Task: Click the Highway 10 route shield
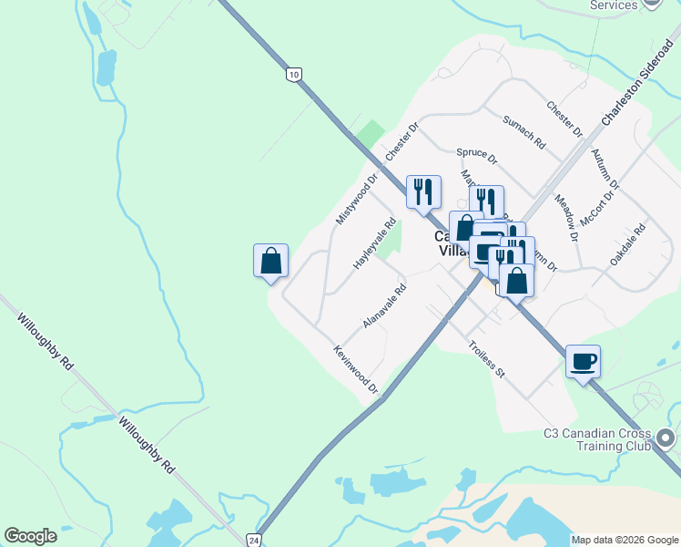point(291,74)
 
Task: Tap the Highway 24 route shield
point(253,540)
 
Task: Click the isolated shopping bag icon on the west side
point(270,262)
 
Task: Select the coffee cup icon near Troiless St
point(583,362)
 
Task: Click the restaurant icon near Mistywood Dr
point(423,192)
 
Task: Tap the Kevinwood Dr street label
point(356,370)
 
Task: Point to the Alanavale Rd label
point(384,306)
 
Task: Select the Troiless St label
point(486,359)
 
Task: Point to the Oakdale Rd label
point(628,244)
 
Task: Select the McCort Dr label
point(599,202)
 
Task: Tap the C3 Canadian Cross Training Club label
point(596,439)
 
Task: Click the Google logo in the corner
point(30,536)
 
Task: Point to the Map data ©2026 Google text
point(624,540)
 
